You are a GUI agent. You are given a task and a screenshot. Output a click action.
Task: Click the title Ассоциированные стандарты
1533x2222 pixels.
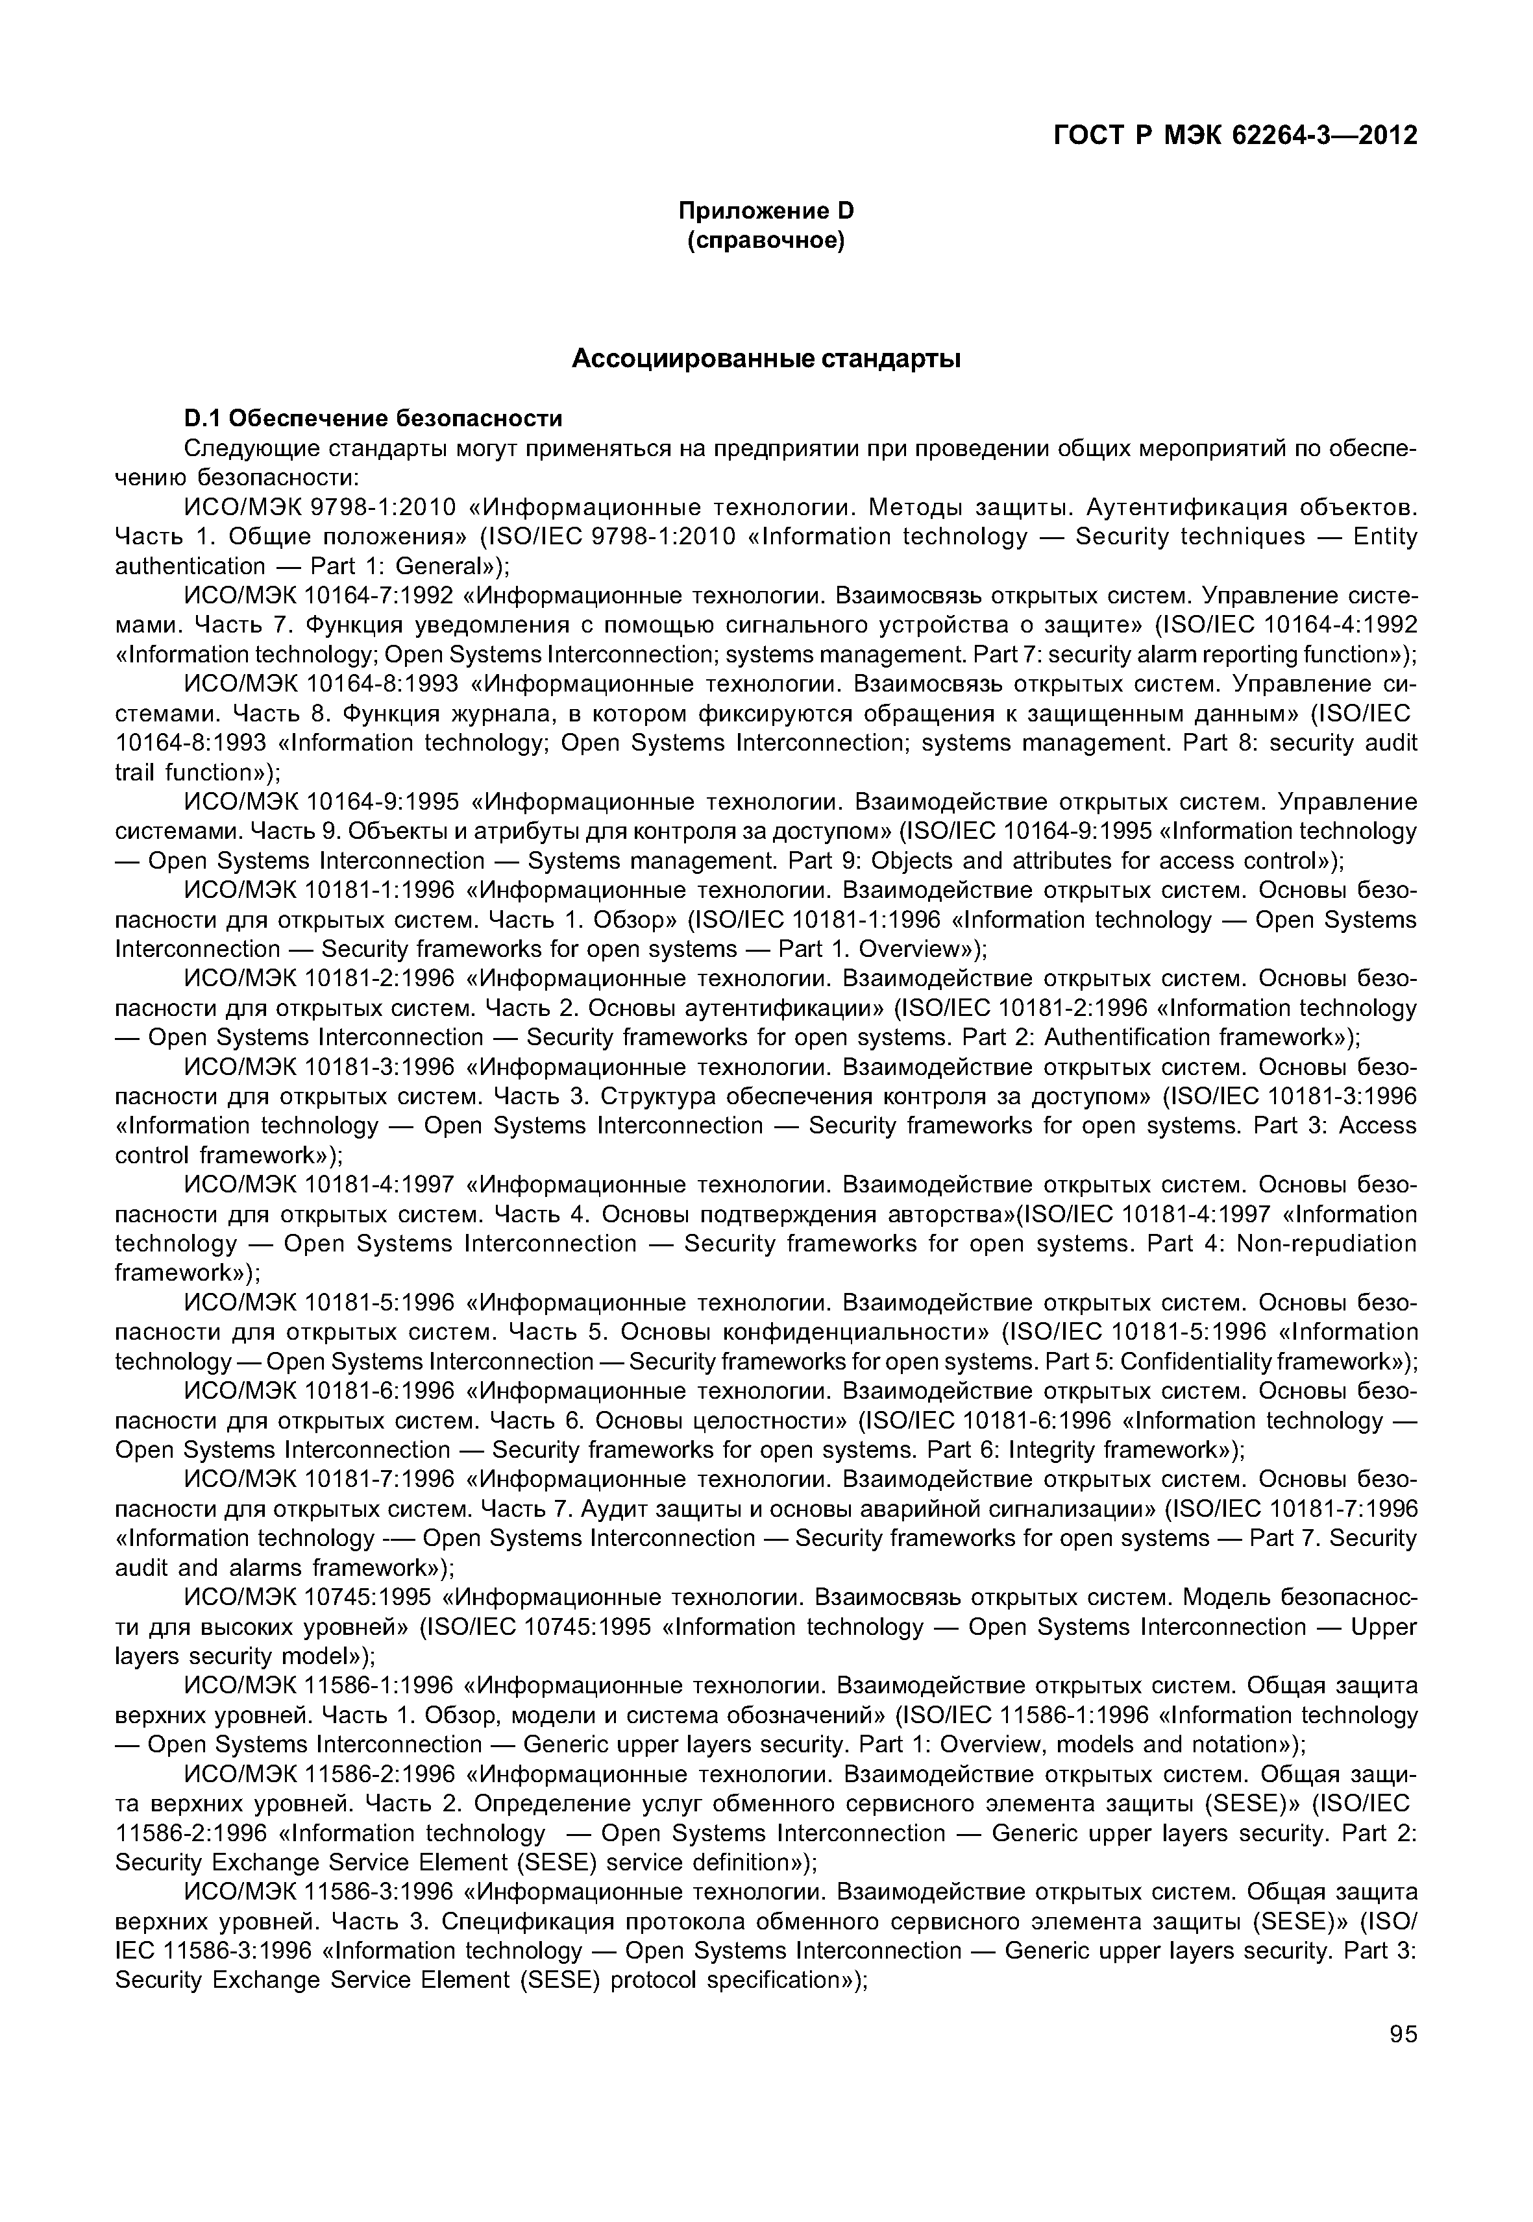[766, 359]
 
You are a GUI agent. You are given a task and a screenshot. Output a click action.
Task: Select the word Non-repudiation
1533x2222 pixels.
[1325, 1244]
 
